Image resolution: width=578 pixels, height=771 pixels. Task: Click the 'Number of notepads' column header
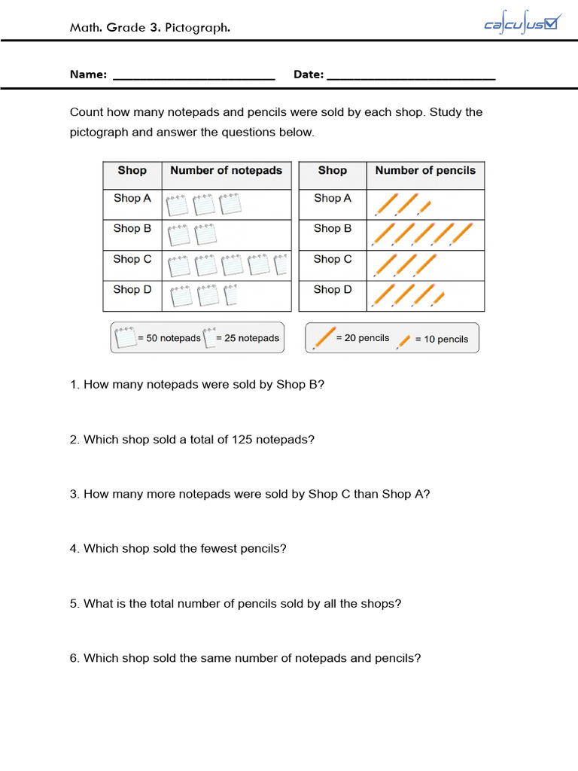coord(226,171)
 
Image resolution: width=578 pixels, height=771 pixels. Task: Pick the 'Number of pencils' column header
coord(425,171)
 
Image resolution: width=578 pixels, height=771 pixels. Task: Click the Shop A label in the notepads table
coord(132,199)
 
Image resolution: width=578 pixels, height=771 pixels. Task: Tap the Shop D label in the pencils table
coord(333,290)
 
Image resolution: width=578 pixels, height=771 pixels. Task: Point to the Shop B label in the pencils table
coord(333,229)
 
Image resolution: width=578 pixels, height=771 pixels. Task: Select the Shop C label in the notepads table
coord(132,260)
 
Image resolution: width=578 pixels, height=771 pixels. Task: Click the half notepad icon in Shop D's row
coord(231,295)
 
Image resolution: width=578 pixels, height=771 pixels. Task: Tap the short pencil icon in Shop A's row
coord(424,206)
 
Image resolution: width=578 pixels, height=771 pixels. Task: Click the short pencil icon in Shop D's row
coord(438,298)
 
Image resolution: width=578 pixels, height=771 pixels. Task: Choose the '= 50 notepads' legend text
coord(169,339)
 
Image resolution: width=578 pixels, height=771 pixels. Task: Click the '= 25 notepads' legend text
coord(248,339)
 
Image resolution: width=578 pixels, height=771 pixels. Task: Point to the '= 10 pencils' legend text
coord(442,340)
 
